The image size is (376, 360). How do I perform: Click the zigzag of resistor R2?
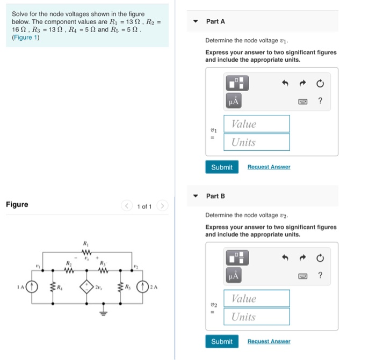pyautogui.click(x=68, y=269)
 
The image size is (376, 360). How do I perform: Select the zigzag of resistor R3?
pyautogui.click(x=102, y=269)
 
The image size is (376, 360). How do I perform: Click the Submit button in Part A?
pyautogui.click(x=222, y=167)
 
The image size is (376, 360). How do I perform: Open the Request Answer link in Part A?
pyautogui.click(x=269, y=167)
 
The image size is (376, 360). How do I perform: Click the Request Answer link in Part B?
pyautogui.click(x=269, y=341)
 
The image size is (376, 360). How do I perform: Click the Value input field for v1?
pyautogui.click(x=257, y=124)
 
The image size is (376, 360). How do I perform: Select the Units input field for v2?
pyautogui.click(x=257, y=317)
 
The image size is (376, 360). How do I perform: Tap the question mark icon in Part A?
pyautogui.click(x=320, y=100)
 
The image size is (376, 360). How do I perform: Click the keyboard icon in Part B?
pyautogui.click(x=303, y=275)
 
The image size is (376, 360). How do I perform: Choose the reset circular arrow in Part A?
pyautogui.click(x=320, y=83)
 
